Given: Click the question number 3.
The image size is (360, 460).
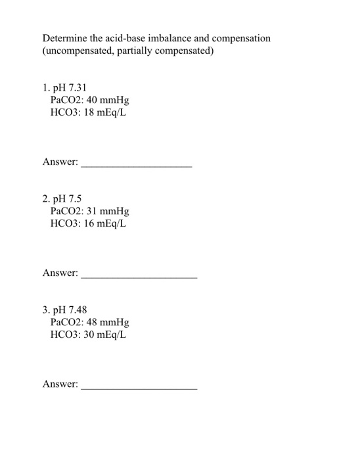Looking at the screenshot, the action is [45, 310].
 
